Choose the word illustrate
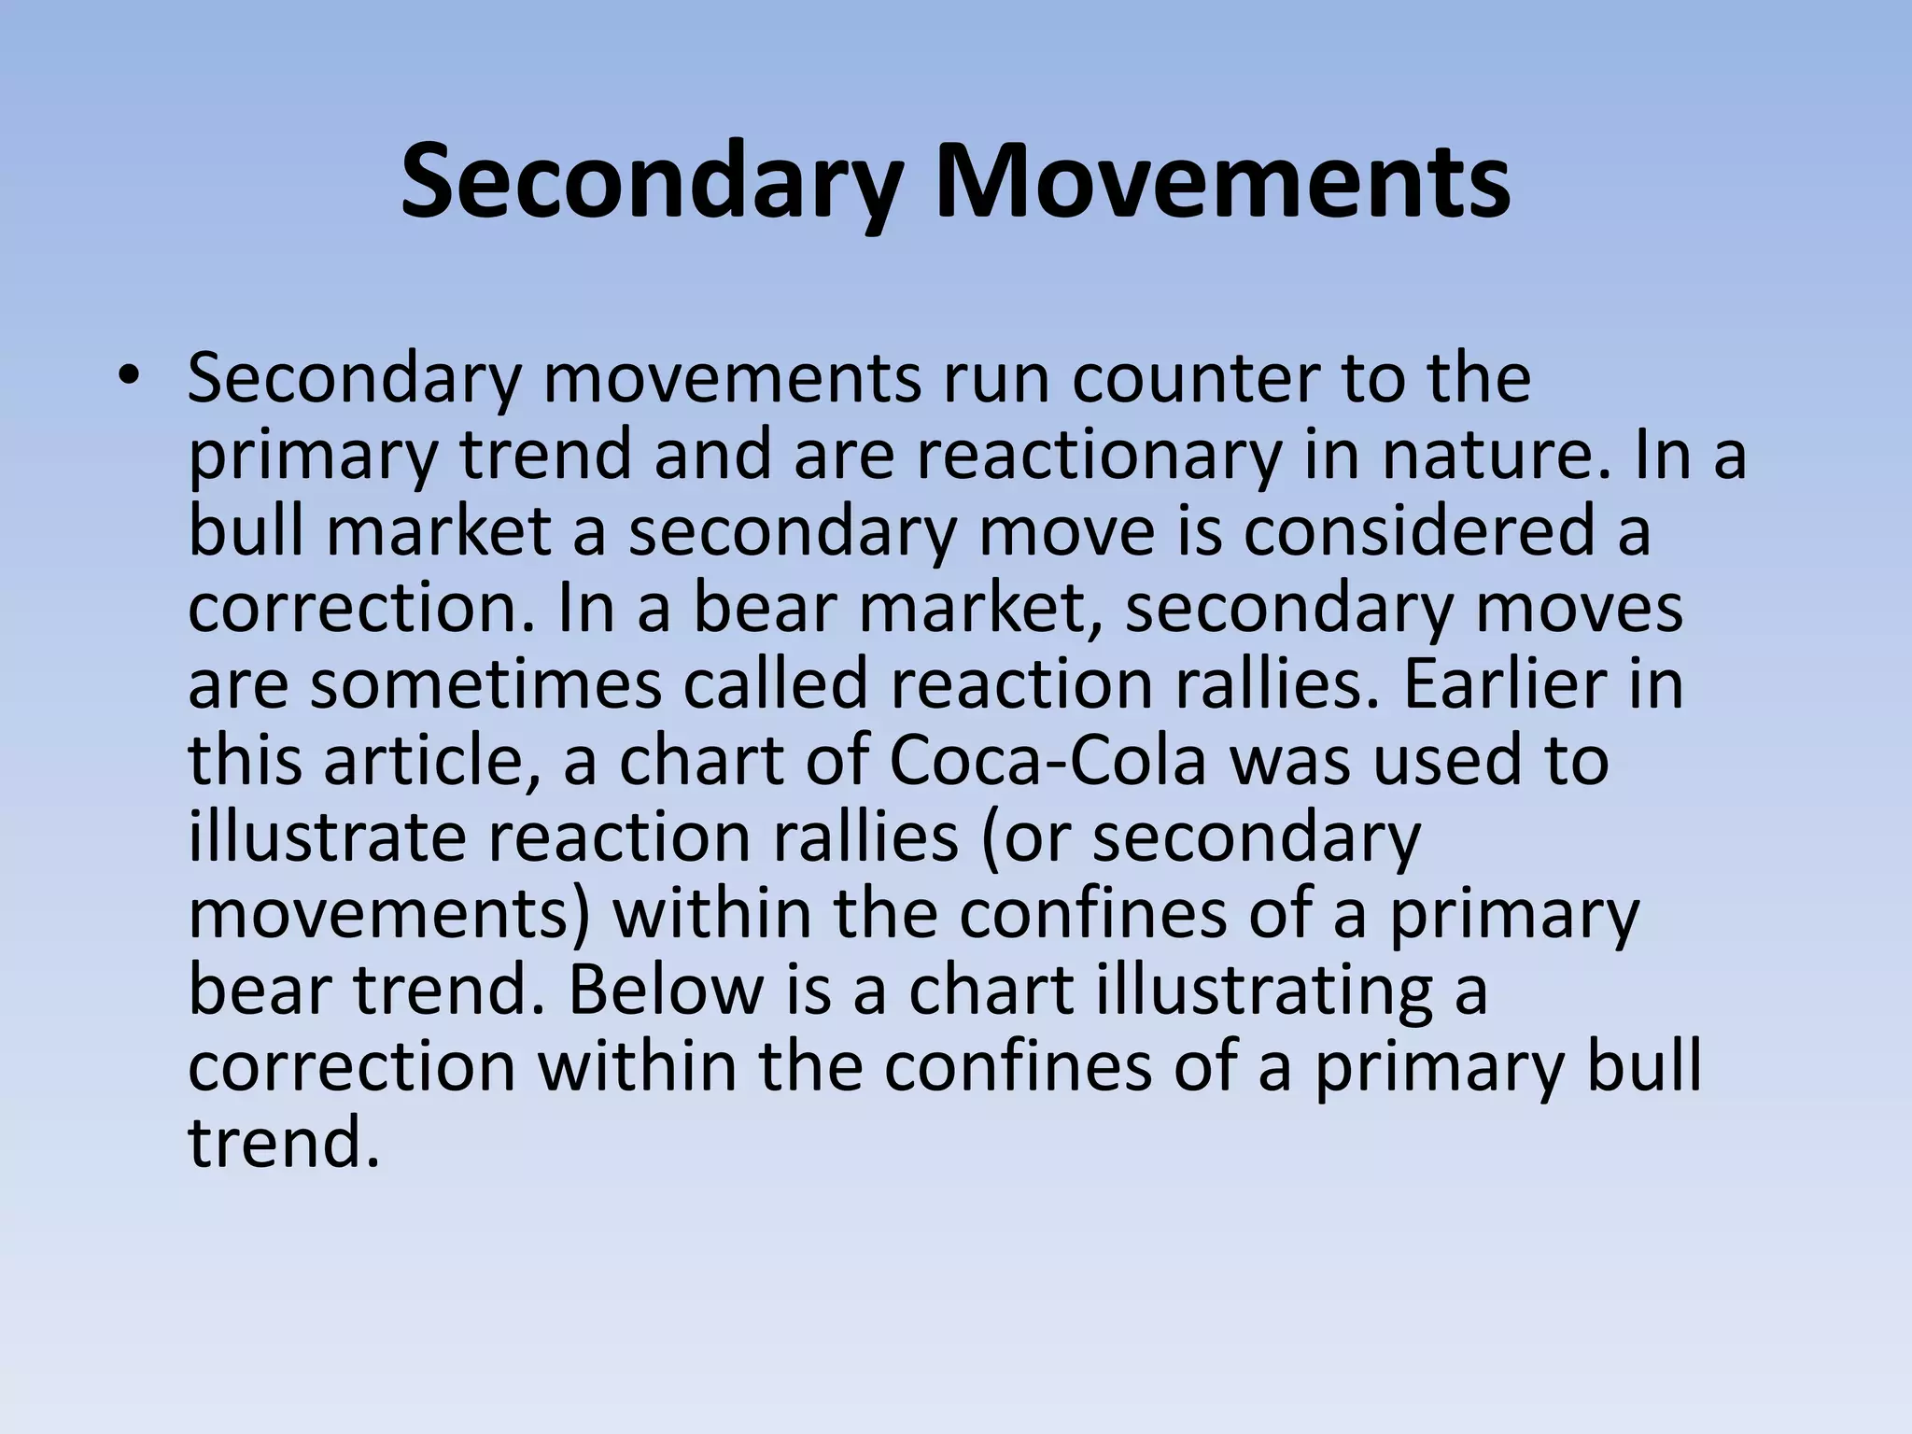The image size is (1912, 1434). [326, 837]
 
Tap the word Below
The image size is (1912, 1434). [666, 990]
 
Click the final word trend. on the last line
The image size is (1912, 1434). [284, 1143]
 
